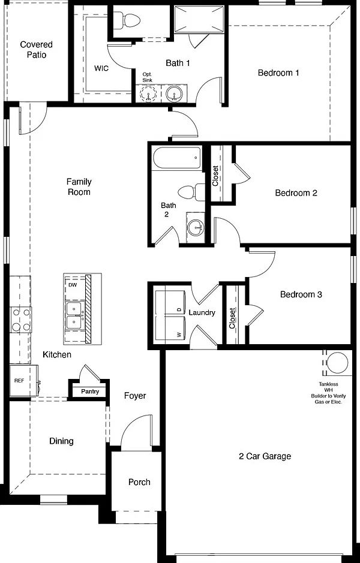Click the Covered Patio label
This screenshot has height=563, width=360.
36,50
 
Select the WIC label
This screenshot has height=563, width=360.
101,68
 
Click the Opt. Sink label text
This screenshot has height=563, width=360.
148,77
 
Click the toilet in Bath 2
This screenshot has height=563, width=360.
191,192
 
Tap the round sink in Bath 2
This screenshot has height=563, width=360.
196,227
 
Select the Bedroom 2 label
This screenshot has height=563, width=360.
296,193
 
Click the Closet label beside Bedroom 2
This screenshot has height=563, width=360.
215,176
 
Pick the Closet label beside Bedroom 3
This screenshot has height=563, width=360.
232,318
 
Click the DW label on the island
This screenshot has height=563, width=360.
72,284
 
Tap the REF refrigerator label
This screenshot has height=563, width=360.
19,380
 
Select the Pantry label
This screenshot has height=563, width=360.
90,392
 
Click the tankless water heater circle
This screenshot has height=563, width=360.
337,363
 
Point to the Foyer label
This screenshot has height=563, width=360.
135,396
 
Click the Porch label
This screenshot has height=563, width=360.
139,482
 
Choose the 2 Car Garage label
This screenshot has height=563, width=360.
265,456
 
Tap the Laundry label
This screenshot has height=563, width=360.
202,313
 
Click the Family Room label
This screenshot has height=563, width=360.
79,186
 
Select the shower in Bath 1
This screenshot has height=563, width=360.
199,19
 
